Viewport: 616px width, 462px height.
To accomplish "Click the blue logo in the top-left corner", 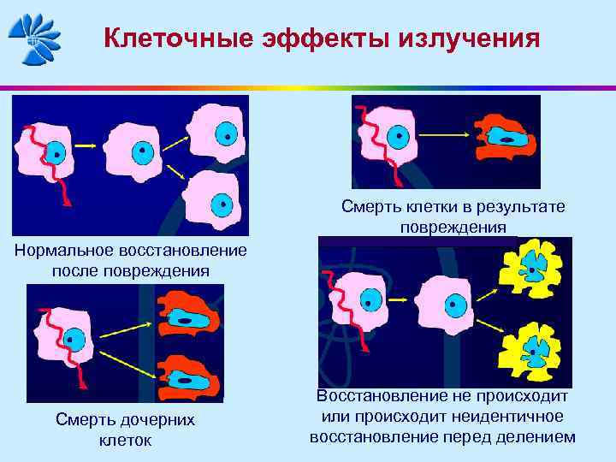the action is tap(35, 38).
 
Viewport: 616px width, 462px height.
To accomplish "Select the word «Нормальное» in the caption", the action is tap(68, 252).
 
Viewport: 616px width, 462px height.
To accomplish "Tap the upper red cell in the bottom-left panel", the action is tap(187, 315).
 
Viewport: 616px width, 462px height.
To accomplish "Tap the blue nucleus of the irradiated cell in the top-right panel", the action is tap(396, 135).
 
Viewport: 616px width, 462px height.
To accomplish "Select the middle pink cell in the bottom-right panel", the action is tap(450, 303).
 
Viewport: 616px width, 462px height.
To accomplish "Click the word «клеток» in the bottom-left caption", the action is tap(125, 440).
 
